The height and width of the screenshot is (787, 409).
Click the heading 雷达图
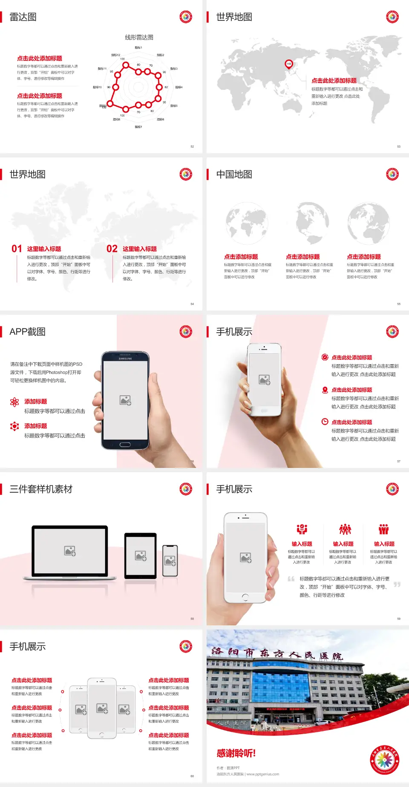click(23, 17)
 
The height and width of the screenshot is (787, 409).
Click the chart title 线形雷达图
click(139, 37)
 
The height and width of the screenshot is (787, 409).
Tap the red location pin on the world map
click(289, 64)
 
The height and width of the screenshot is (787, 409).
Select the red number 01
click(17, 248)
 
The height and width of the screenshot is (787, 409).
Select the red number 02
click(112, 248)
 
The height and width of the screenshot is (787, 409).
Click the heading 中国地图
click(234, 174)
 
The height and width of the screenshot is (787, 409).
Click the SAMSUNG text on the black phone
click(125, 359)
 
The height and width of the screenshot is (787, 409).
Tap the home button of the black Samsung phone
click(125, 445)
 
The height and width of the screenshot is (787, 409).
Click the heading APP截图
click(27, 332)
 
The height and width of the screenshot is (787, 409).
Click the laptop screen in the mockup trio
click(70, 550)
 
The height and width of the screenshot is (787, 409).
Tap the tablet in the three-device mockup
click(141, 555)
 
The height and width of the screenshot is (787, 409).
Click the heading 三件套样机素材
click(41, 489)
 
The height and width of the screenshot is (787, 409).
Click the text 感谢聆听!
click(236, 753)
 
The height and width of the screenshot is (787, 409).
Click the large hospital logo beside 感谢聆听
click(384, 760)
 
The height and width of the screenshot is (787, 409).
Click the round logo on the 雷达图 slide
click(186, 17)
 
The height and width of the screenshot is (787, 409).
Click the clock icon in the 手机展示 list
click(325, 422)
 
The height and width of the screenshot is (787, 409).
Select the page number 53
click(399, 146)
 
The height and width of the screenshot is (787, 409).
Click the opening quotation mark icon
click(291, 579)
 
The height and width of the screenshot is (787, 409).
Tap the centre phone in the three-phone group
click(102, 708)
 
